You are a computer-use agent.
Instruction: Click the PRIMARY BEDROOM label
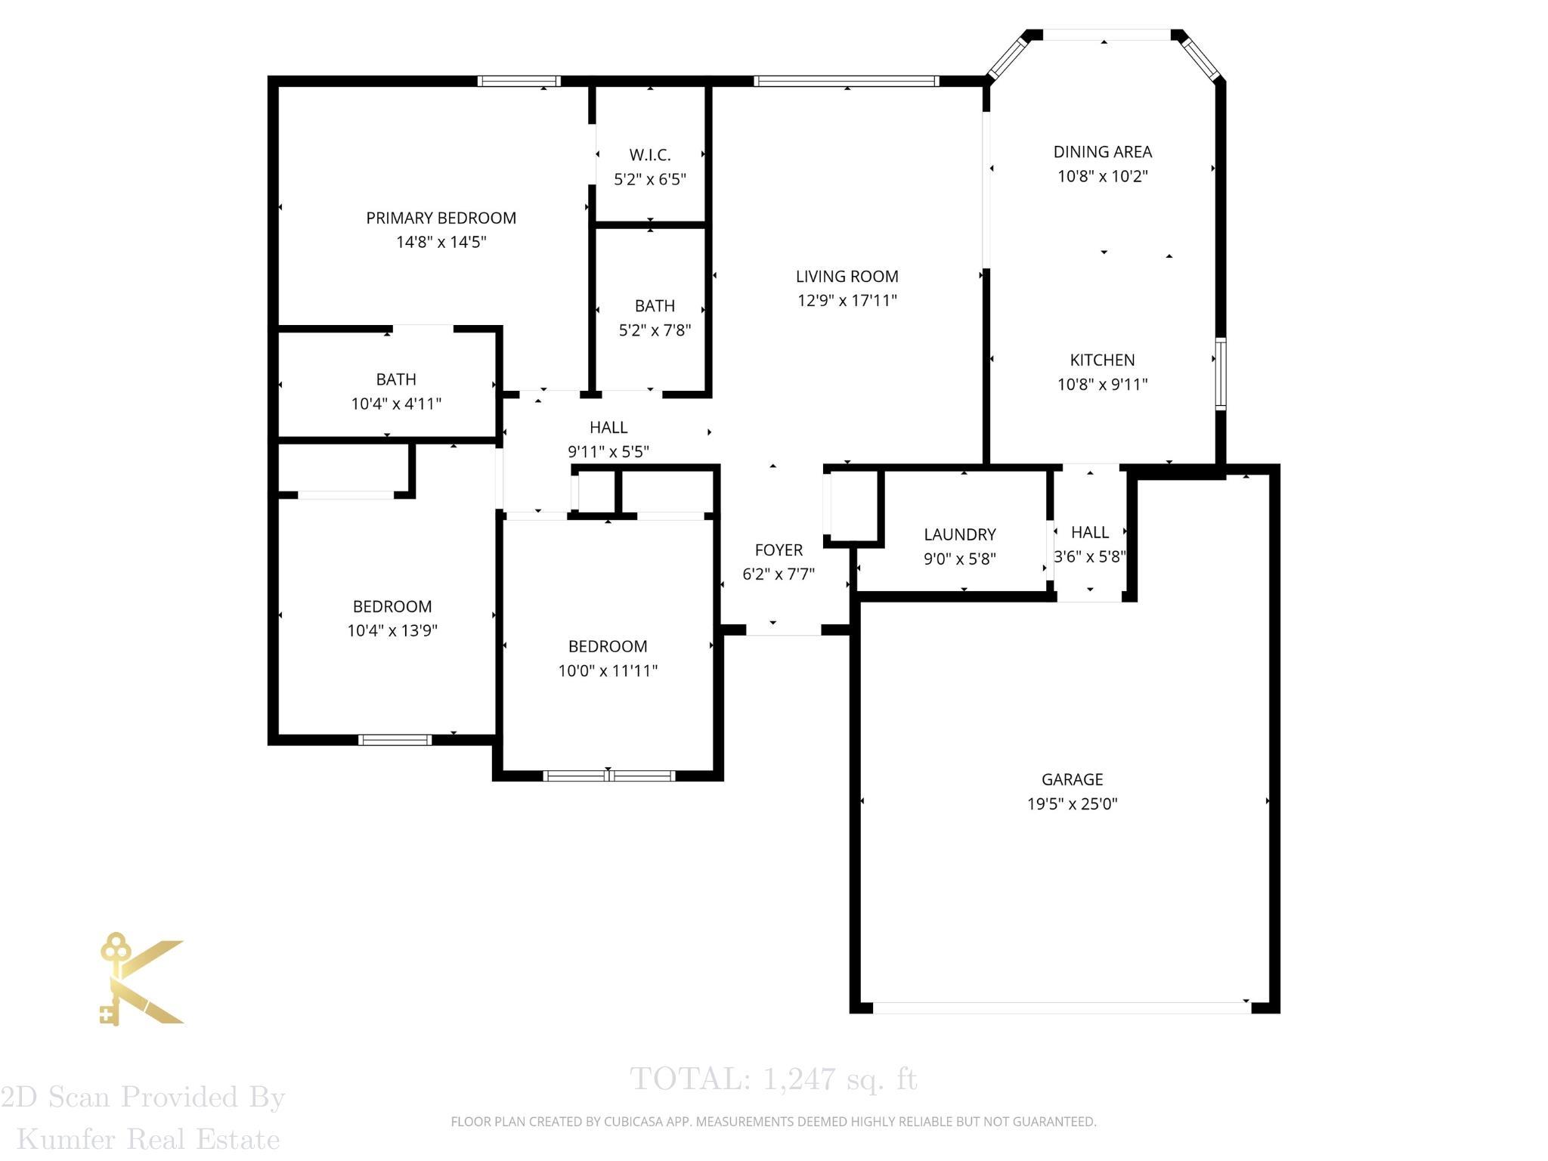click(x=441, y=218)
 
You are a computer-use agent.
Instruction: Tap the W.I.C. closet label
click(x=650, y=155)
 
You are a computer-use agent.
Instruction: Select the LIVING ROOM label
click(x=847, y=277)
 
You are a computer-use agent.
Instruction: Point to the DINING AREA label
click(x=1103, y=152)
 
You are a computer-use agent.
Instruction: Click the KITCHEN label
click(x=1103, y=360)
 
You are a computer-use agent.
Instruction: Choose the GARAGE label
click(x=1072, y=779)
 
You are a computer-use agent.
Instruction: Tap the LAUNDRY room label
click(x=960, y=534)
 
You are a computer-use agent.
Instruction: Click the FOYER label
click(x=779, y=550)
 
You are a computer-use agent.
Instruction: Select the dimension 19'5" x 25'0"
click(x=1072, y=803)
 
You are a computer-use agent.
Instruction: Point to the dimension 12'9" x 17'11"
click(x=847, y=301)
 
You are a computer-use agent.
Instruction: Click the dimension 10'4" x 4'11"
click(x=396, y=404)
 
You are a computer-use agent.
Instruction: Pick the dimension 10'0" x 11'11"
click(x=608, y=670)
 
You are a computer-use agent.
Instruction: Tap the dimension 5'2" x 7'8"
click(x=655, y=330)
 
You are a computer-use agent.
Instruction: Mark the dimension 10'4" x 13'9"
click(x=392, y=630)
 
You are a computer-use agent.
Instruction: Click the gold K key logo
click(x=142, y=979)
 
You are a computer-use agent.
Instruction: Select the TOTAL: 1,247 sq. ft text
click(x=773, y=1079)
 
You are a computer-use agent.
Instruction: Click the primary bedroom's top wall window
click(x=519, y=81)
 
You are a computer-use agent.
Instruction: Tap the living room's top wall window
click(x=847, y=81)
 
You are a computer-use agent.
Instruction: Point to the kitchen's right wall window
click(x=1220, y=374)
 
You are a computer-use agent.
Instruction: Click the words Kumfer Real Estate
click(x=148, y=1139)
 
